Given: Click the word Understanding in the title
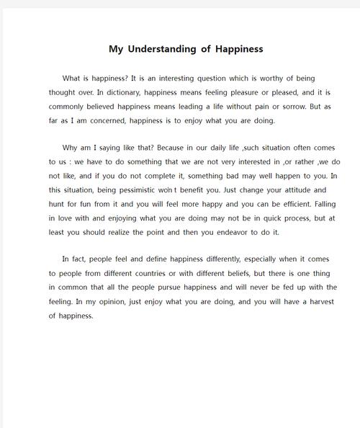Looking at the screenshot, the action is (162, 50).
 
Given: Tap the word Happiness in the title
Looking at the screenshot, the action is (238, 50).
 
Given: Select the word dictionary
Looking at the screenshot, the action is (120, 92).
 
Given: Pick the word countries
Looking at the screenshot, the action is (172, 275).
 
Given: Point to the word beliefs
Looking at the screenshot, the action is (243, 275).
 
